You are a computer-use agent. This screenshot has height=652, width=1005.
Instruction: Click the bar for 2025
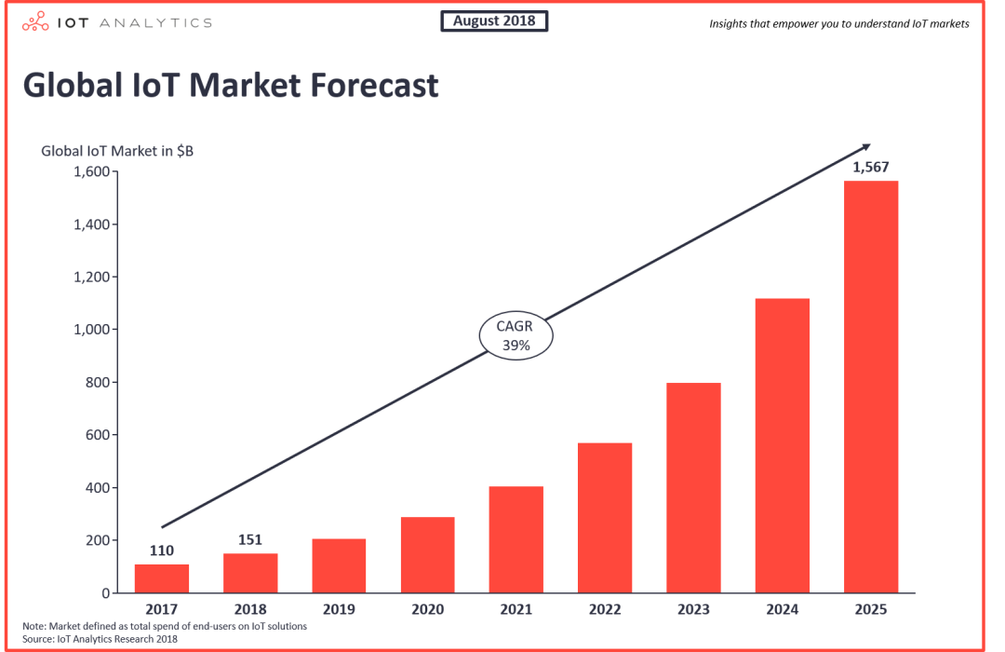click(871, 387)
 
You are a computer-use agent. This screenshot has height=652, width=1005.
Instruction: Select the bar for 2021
click(516, 539)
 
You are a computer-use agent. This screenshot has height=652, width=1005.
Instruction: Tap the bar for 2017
click(161, 578)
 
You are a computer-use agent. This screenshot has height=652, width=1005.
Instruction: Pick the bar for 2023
click(693, 487)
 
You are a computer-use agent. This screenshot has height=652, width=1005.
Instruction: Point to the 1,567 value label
click(871, 168)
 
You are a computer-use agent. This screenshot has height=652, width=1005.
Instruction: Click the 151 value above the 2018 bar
click(250, 539)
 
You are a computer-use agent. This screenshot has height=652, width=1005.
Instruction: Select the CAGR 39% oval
click(516, 336)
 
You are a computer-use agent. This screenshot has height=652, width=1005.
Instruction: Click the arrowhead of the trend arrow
click(865, 147)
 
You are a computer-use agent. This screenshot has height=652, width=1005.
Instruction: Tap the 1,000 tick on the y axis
click(92, 330)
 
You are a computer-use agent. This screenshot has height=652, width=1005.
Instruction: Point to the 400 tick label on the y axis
click(98, 488)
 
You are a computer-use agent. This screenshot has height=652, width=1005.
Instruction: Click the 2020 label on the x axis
click(427, 610)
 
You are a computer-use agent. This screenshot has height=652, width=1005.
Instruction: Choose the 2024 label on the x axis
click(782, 610)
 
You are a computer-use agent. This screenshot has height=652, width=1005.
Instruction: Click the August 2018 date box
click(494, 20)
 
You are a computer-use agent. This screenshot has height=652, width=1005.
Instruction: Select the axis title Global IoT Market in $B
click(117, 150)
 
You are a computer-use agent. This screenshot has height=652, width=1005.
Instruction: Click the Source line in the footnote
click(100, 639)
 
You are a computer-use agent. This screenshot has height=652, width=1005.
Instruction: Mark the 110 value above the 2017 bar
click(161, 550)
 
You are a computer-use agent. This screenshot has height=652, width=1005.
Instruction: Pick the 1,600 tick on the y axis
click(92, 172)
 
